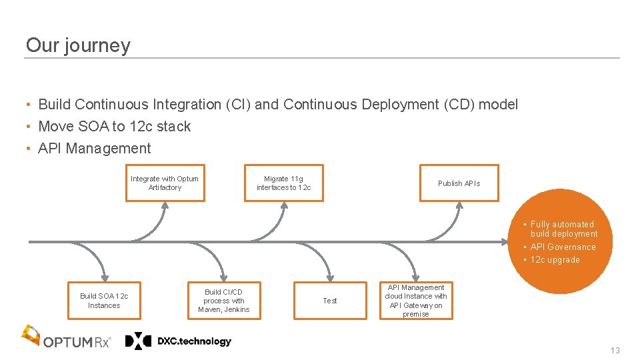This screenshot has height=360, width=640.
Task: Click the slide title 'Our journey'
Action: tap(78, 45)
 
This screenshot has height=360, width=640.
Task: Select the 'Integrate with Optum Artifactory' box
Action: tap(165, 183)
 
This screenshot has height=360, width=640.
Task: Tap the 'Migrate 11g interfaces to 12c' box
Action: tap(283, 183)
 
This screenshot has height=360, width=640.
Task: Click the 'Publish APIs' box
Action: tap(458, 183)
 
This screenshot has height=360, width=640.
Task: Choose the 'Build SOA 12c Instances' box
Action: tap(104, 301)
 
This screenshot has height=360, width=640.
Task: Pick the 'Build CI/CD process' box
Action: tap(223, 301)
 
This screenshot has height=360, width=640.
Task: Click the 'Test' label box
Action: tap(330, 301)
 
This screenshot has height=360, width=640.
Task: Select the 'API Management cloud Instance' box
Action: tap(416, 301)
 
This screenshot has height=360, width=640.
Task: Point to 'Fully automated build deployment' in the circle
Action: tap(563, 229)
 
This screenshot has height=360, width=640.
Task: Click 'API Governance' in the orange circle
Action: tap(563, 247)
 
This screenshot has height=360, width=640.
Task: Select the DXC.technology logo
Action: tap(179, 341)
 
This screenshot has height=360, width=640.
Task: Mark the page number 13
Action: tap(615, 351)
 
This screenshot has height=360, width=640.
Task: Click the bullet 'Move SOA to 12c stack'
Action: tap(114, 127)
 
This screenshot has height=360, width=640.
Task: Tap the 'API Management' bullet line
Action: tap(94, 149)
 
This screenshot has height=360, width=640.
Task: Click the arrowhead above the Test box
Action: tap(330, 276)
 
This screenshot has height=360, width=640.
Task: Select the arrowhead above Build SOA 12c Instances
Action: tap(104, 276)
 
